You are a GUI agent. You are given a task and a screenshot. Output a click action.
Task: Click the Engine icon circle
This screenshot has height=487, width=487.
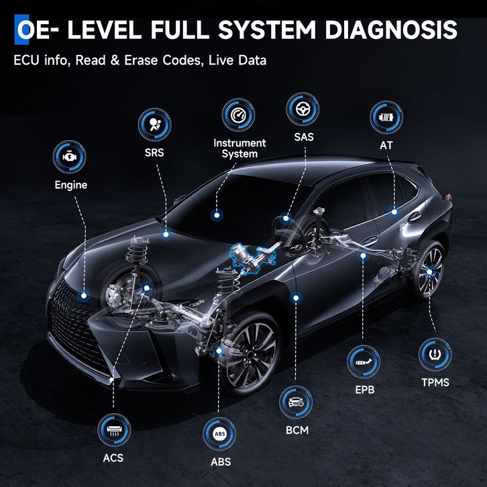point(69,156)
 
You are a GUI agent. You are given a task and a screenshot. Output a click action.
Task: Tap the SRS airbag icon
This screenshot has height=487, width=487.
point(155,125)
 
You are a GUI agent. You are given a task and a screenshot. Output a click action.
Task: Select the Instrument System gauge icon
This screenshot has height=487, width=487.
point(238,115)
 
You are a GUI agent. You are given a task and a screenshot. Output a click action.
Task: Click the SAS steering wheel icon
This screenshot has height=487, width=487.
point(303,109)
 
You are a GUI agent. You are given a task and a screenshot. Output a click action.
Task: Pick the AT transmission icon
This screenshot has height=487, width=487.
point(386,117)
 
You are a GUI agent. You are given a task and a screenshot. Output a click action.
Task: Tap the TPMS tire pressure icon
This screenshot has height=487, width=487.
point(435,354)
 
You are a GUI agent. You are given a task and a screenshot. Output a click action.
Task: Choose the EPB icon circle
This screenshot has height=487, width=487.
point(364,362)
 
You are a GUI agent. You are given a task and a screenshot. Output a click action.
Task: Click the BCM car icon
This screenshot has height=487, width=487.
point(296,402)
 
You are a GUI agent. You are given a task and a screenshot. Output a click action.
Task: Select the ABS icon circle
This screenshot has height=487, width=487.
point(219,434)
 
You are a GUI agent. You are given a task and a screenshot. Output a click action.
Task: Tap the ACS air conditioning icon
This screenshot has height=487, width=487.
point(114,430)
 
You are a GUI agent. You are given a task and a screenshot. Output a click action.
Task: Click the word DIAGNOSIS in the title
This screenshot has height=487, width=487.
point(391,30)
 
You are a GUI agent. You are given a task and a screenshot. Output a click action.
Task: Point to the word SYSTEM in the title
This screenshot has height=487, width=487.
point(267,30)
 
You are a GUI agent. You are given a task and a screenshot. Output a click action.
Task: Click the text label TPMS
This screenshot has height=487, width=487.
point(435,382)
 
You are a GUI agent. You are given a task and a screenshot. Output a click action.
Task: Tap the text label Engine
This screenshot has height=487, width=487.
point(71,185)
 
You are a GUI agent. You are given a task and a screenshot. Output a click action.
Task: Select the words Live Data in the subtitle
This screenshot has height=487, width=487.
point(237,60)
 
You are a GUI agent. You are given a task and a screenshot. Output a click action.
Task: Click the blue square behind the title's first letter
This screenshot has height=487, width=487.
point(21,30)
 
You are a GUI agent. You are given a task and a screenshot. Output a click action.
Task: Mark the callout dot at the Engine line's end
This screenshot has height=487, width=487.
point(84,296)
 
